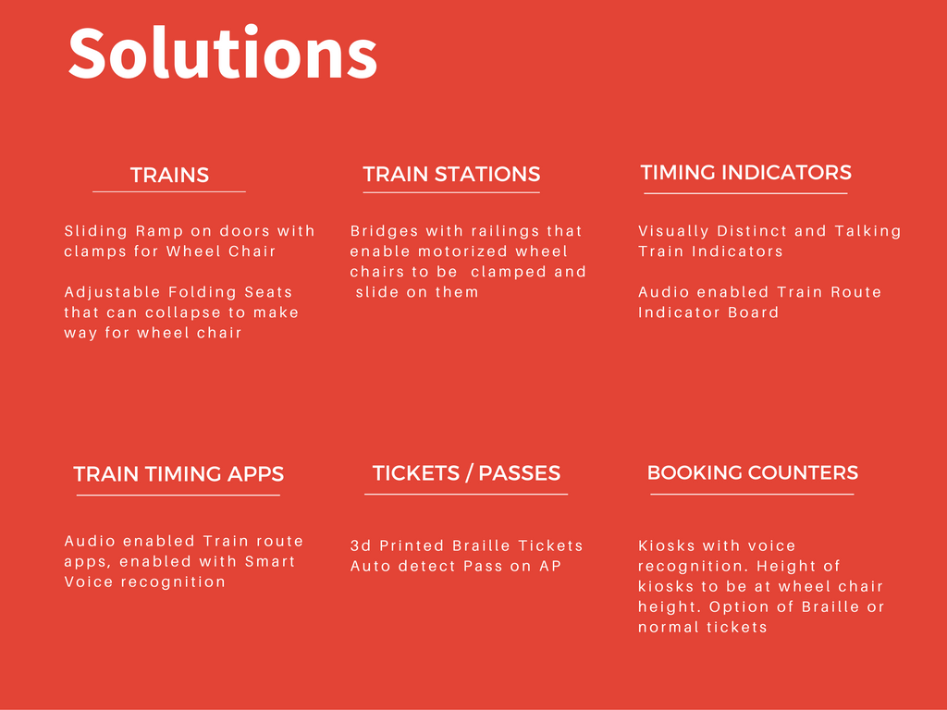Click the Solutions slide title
[x=223, y=53]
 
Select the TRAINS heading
[x=170, y=175]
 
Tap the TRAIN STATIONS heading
[x=451, y=174]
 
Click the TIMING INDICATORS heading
[x=746, y=173]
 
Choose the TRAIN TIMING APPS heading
[x=178, y=474]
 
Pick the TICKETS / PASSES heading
[x=466, y=472]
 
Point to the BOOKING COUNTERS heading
[x=753, y=472]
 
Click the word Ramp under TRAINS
[x=159, y=231]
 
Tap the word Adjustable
[x=112, y=292]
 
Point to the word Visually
[x=673, y=231]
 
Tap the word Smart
[x=270, y=561]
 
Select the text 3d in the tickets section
[x=361, y=545]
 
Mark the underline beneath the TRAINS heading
[x=169, y=192]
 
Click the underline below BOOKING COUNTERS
[x=752, y=495]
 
